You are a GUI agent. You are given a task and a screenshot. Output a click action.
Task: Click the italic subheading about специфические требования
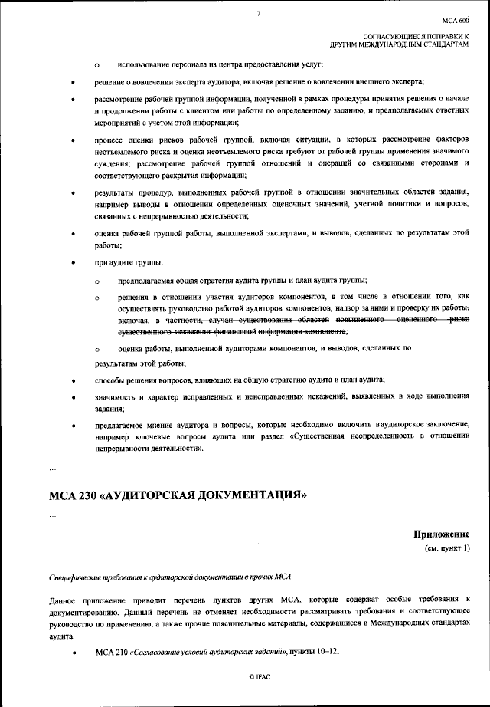(165, 575)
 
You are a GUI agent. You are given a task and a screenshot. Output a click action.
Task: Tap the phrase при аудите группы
(123, 264)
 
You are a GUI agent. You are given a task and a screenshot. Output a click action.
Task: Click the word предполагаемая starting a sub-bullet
(148, 280)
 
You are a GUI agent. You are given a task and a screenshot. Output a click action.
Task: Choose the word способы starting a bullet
(110, 380)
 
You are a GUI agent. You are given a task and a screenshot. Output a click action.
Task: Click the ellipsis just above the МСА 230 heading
(52, 466)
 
